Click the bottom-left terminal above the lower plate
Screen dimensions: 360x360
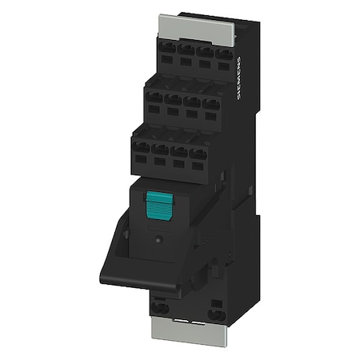click(159, 307)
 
